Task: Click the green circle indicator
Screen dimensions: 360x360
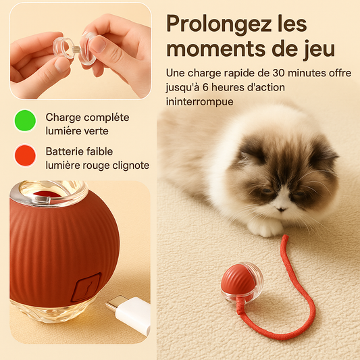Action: (x=25, y=120)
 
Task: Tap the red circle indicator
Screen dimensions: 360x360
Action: (x=25, y=155)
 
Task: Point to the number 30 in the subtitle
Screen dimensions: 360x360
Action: (x=279, y=73)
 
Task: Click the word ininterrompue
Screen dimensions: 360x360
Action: (x=199, y=102)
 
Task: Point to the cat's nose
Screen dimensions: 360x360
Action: (x=281, y=209)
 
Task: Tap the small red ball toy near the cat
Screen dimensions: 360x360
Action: (x=242, y=282)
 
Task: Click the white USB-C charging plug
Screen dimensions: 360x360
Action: (x=130, y=315)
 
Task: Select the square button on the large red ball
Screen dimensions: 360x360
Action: (x=86, y=287)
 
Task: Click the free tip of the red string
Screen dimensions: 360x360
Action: (x=285, y=237)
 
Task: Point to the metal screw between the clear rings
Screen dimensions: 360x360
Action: (x=76, y=49)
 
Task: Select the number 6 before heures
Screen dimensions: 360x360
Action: (x=205, y=88)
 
